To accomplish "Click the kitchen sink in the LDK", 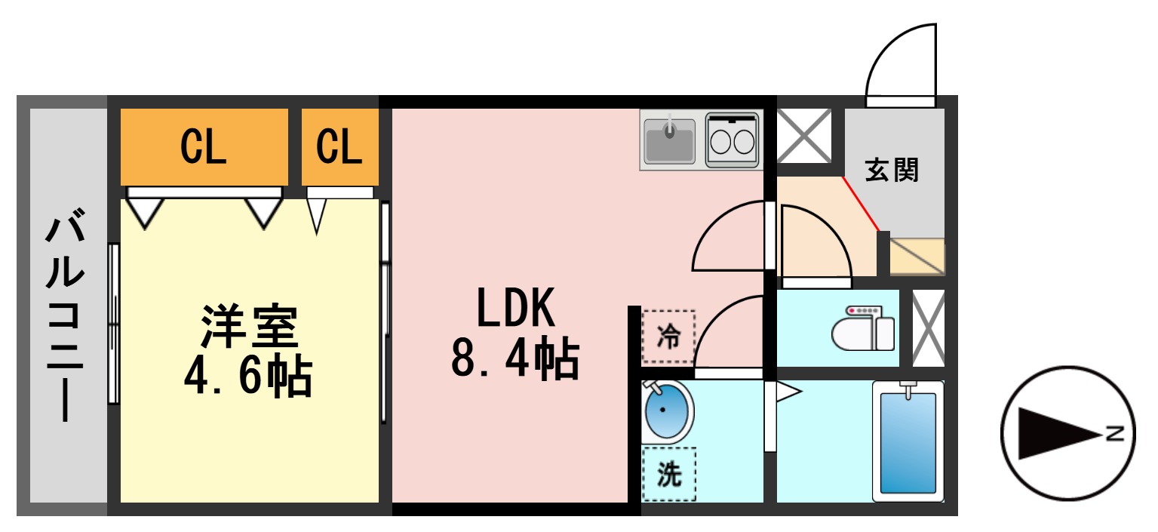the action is click(669, 140).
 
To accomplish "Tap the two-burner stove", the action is click(732, 140).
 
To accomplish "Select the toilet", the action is click(864, 329).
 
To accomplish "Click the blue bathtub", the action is click(908, 441).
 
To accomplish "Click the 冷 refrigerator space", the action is click(668, 337).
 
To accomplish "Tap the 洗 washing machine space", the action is click(668, 474).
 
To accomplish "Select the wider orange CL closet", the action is click(204, 147).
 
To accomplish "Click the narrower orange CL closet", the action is click(339, 147).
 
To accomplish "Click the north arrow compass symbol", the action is click(1068, 434).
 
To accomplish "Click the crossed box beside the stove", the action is click(804, 136).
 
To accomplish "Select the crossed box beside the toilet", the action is click(928, 328).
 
